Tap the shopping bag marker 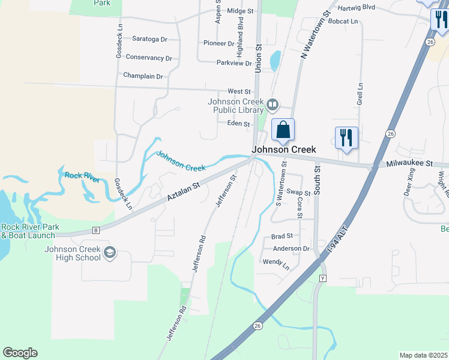(x=283, y=130)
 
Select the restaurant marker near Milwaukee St (x=346, y=137)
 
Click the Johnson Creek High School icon (x=109, y=253)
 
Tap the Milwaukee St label (x=409, y=163)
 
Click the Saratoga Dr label (x=149, y=39)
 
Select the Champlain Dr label (x=143, y=76)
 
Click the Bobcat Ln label (x=342, y=22)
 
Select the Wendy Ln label (x=276, y=262)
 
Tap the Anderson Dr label (x=291, y=248)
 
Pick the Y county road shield (x=322, y=278)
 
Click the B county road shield (x=95, y=229)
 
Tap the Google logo (x=20, y=353)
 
